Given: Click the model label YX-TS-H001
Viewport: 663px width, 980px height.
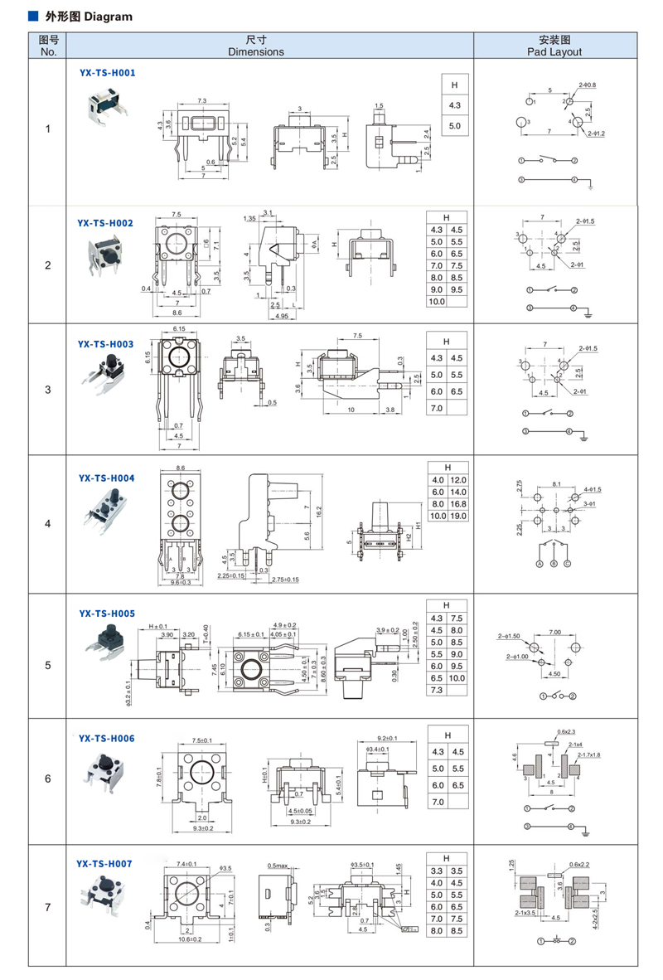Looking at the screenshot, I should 107,72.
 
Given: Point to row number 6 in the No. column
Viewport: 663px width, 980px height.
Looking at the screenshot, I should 48,779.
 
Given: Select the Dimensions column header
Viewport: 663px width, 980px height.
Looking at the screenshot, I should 256,46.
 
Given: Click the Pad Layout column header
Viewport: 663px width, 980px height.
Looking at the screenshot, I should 554,46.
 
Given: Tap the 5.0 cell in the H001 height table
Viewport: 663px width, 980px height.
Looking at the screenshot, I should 454,126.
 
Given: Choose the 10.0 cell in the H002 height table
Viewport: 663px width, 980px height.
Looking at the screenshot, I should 436,301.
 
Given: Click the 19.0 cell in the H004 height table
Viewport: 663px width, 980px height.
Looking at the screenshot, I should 458,516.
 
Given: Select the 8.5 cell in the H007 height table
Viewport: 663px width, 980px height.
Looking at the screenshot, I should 457,931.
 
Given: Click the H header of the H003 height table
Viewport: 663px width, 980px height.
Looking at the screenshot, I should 446,341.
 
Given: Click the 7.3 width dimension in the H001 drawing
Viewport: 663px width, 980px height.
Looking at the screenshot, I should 201,99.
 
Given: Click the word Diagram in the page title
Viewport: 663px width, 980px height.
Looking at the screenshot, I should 109,17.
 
